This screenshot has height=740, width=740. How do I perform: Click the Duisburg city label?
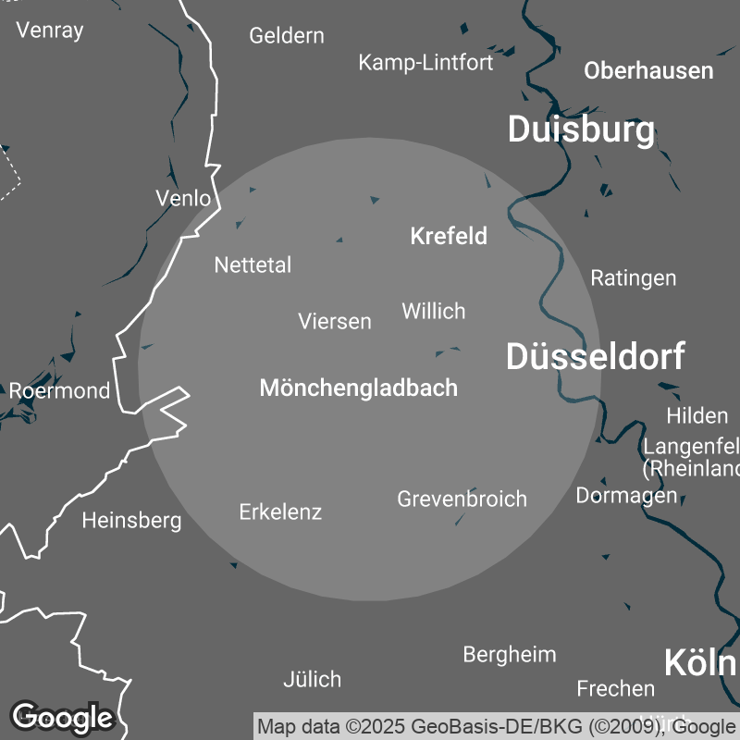coord(581,130)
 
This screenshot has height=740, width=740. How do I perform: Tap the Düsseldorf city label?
coord(595,356)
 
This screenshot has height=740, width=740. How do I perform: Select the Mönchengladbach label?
coord(359,388)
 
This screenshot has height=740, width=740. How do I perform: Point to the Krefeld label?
coord(449,236)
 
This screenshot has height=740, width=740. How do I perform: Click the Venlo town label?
coord(183,198)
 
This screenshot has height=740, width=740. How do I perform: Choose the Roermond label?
coord(59,390)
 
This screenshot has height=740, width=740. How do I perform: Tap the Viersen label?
coord(335,321)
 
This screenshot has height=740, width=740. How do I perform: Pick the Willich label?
coord(433,311)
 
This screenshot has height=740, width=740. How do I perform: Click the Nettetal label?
coord(253,265)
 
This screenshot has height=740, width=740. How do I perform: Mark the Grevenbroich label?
coord(462,499)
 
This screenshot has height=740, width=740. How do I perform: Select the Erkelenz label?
coord(280,512)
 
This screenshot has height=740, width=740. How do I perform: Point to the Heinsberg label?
coord(131,521)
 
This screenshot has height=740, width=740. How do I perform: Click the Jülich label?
coord(312,680)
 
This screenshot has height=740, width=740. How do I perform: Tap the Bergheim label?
coord(510,655)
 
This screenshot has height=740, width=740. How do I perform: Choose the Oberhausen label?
coord(648,70)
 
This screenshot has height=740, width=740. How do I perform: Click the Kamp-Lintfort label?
coord(425,62)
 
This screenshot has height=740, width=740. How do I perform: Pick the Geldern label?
coord(287,36)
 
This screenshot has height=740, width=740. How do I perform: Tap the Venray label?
coord(50,30)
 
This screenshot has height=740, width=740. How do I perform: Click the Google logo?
coord(62,717)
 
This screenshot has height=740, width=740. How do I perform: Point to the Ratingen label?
coord(634,277)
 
